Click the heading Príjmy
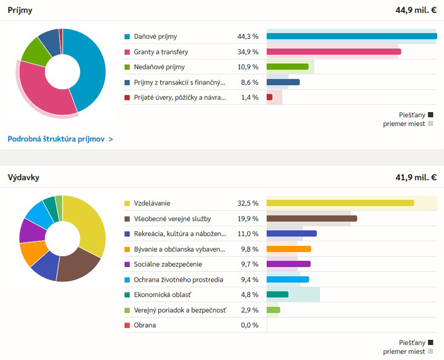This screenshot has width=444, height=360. (20, 11)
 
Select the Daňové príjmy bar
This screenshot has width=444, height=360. (351, 37)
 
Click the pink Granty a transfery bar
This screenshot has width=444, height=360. (334, 52)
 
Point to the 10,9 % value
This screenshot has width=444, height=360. (248, 67)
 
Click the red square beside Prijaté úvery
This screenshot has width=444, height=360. (128, 98)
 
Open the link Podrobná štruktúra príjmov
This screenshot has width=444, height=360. (60, 139)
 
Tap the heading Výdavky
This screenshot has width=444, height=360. (23, 178)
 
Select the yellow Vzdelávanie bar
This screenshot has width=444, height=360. (340, 203)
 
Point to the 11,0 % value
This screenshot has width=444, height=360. (248, 234)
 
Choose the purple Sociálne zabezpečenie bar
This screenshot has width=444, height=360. (288, 264)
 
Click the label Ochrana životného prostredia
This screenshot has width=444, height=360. (178, 280)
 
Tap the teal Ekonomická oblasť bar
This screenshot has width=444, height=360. (277, 295)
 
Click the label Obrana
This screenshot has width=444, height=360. (145, 325)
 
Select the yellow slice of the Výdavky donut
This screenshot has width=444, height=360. (89, 222)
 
